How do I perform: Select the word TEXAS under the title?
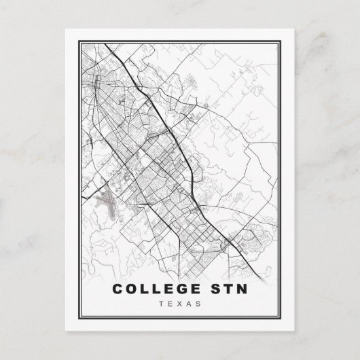pos(180,304)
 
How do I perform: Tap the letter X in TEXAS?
pos(180,304)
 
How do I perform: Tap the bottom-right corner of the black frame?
pos(291,320)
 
